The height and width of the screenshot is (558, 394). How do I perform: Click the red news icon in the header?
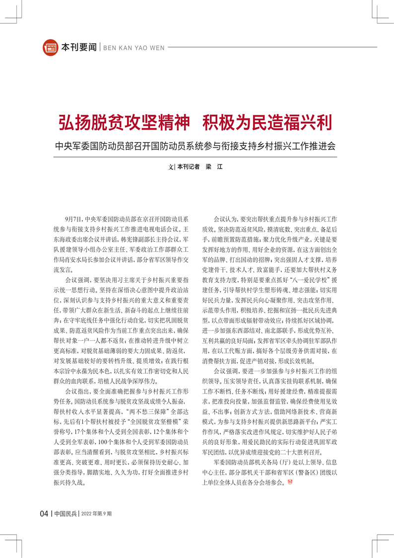51,47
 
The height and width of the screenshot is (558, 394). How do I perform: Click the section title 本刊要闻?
78,48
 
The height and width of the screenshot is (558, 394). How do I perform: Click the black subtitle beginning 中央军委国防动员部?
197,147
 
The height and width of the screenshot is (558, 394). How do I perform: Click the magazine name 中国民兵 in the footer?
66,513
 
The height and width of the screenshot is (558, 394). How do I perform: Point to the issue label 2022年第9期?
96,514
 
